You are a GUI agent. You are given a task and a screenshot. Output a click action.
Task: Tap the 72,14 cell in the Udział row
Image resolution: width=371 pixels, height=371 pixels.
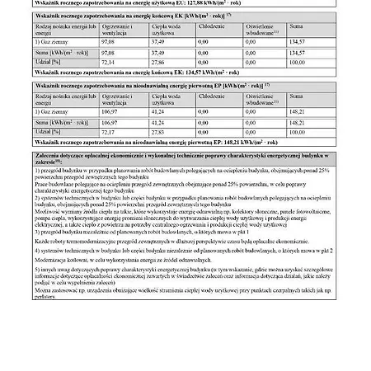(107, 62)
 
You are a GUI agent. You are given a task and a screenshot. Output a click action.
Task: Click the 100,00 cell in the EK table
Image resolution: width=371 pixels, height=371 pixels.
(296, 62)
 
